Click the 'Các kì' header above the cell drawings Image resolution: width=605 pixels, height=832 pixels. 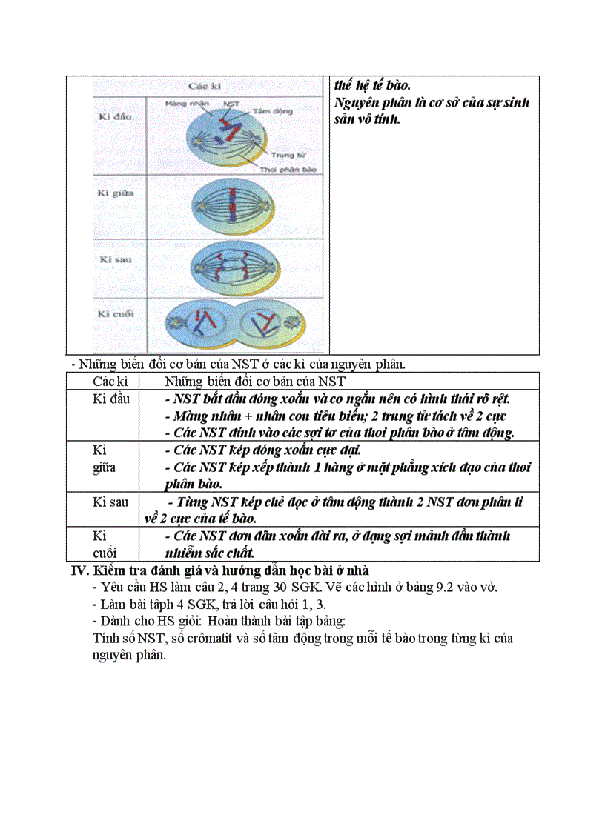pos(205,87)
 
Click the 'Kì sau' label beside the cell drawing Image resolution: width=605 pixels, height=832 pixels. pos(116,259)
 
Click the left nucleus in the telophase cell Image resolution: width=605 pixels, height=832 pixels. pos(199,324)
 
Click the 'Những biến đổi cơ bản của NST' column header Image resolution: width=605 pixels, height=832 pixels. pos(255,382)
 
